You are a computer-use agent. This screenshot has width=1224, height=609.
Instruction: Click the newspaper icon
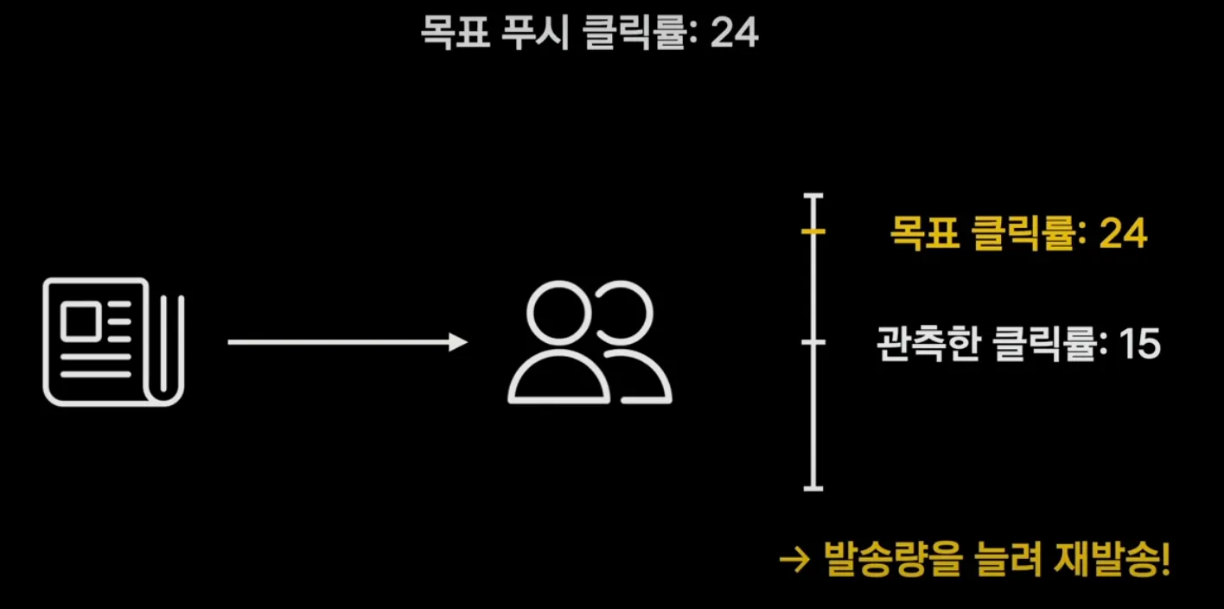(x=113, y=342)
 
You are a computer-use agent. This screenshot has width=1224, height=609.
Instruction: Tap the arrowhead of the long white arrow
(x=458, y=342)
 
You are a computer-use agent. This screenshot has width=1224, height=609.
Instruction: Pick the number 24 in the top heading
(x=734, y=34)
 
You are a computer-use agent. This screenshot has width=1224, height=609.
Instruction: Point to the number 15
(x=1138, y=345)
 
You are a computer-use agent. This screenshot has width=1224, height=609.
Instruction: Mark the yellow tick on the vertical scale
(x=813, y=232)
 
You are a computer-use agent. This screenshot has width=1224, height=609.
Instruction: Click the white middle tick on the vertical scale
(x=813, y=343)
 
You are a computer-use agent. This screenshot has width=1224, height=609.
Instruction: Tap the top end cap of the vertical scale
(x=813, y=197)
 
